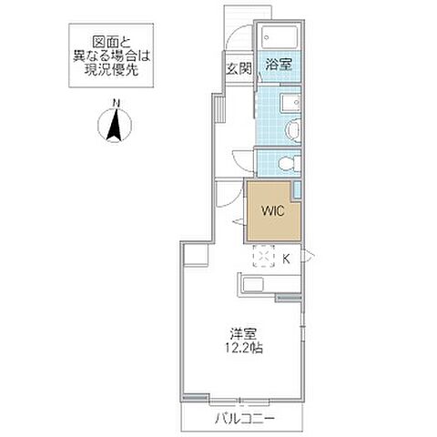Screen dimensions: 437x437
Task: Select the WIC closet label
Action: click(272, 210)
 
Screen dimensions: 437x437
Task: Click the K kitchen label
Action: click(286, 259)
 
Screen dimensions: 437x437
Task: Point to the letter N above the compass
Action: click(116, 101)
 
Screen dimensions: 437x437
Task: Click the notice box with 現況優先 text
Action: click(107, 57)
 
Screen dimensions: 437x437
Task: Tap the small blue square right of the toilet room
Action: click(299, 191)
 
